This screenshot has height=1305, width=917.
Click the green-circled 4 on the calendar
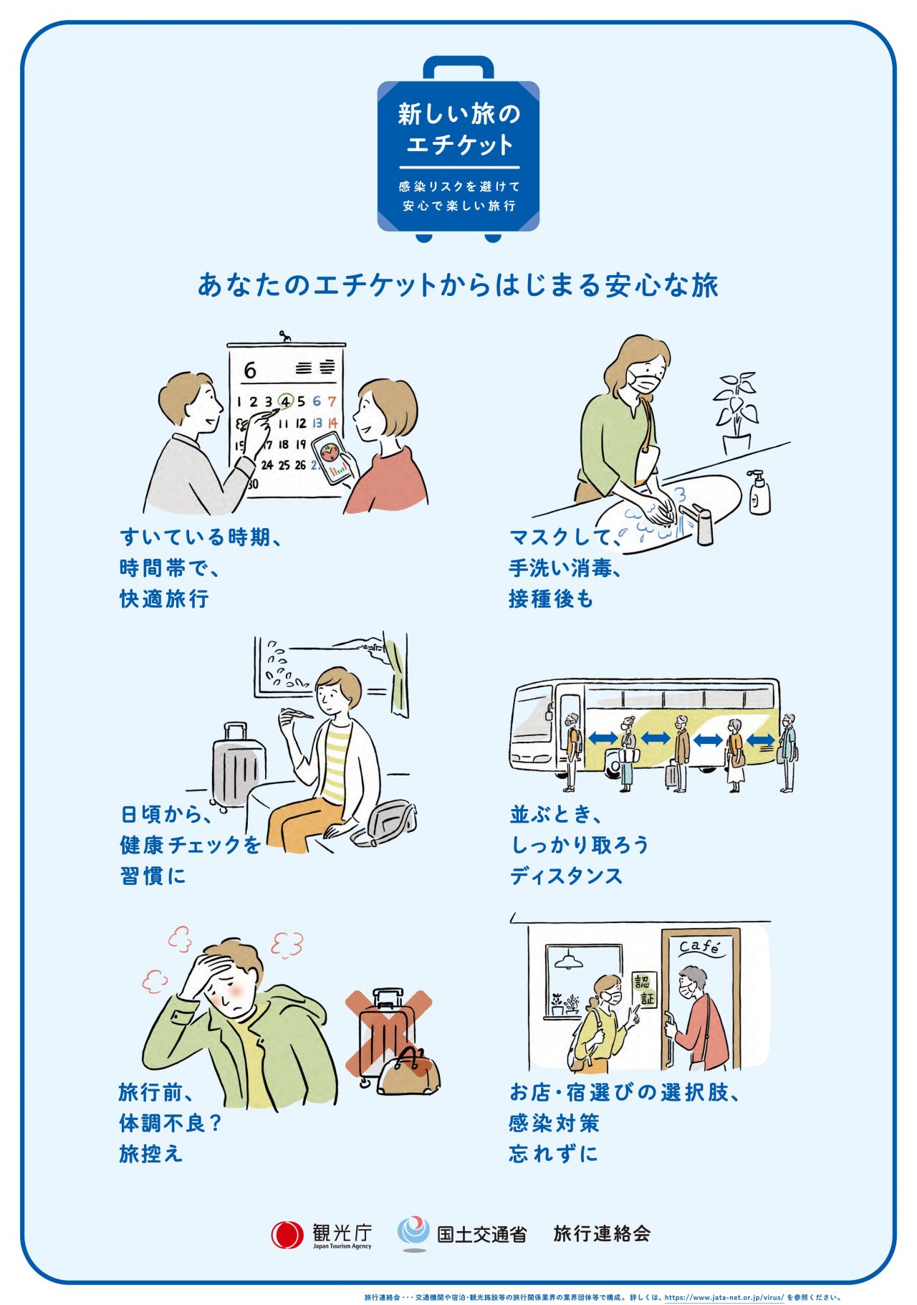pyautogui.click(x=286, y=401)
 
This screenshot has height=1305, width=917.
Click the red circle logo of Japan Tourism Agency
pyautogui.click(x=287, y=1234)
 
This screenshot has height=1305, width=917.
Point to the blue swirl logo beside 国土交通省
pyautogui.click(x=413, y=1233)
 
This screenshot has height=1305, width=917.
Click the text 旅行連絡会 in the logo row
pyautogui.click(x=602, y=1233)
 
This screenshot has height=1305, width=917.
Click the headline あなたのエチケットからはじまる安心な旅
pyautogui.click(x=458, y=285)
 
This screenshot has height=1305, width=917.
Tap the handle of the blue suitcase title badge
pyautogui.click(x=458, y=67)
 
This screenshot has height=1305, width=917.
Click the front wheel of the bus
pyautogui.click(x=615, y=765)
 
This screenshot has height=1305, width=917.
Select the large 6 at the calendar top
pyautogui.click(x=249, y=370)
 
